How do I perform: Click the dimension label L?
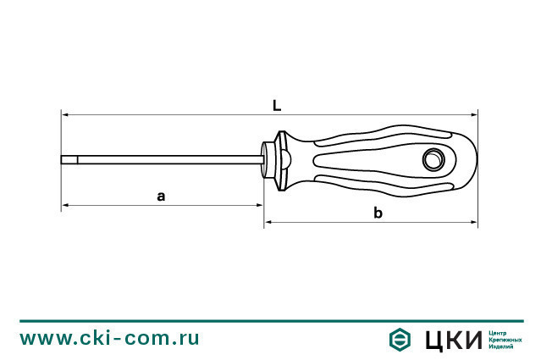(x=277, y=105)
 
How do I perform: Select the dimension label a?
(x=161, y=196)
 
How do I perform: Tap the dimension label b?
(x=378, y=213)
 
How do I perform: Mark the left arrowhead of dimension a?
(x=64, y=206)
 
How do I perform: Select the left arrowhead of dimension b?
(x=268, y=223)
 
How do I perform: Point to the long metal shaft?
(x=169, y=159)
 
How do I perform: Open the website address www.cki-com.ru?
(x=110, y=338)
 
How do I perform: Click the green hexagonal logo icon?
(x=397, y=339)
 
